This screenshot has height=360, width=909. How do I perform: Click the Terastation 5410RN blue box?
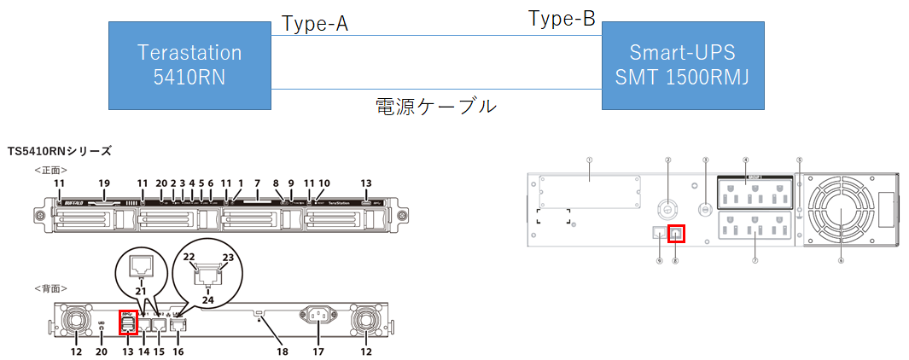[189, 66]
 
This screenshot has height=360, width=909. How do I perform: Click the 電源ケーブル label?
[436, 106]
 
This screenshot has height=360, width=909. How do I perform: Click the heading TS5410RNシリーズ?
[59, 151]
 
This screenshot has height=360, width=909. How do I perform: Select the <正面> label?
[50, 170]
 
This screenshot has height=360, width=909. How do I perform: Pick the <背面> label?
[50, 289]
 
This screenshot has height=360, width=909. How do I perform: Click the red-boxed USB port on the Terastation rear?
[127, 322]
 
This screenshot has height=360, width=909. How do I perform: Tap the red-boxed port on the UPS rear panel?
[676, 232]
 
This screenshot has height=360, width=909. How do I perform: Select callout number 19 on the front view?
[105, 183]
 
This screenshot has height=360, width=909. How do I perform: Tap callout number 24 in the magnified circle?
[207, 299]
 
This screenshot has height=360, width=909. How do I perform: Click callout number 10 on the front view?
[324, 183]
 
